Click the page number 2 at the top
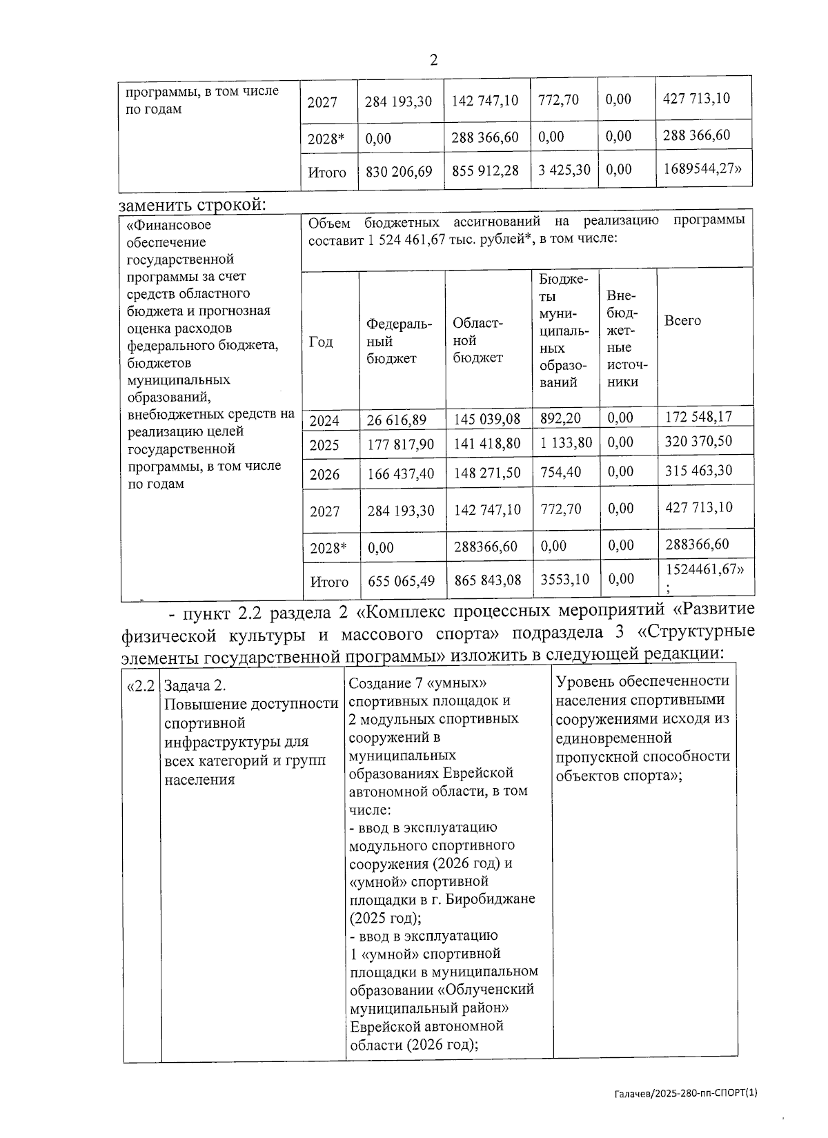[x=433, y=60]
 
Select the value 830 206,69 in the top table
[x=399, y=171]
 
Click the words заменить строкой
[x=192, y=204]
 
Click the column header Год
[x=320, y=342]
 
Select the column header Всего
[x=682, y=321]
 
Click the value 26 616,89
[x=397, y=419]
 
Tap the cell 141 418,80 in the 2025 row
[x=486, y=443]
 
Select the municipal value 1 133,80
[x=565, y=442]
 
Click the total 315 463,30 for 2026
[x=698, y=471]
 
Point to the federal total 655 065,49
[x=401, y=581]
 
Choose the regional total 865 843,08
[x=487, y=580]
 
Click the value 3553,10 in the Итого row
[x=564, y=579]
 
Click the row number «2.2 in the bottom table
[x=141, y=687]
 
